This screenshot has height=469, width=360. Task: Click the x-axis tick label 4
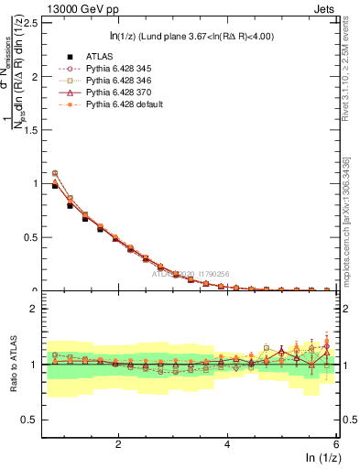pyautogui.click(x=227, y=445)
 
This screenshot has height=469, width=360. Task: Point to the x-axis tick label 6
pyautogui.click(x=336, y=445)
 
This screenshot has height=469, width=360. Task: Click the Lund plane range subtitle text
pyautogui.click(x=190, y=36)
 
